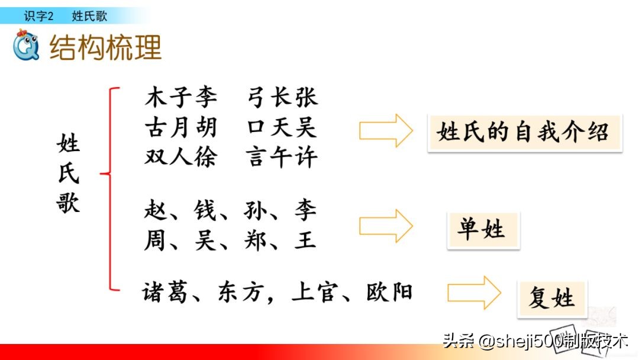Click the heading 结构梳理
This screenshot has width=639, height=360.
coord(105,47)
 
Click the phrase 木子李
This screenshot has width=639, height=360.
coord(180,97)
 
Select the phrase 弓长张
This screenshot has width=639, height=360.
coord(282,97)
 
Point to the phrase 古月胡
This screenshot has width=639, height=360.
coord(180,127)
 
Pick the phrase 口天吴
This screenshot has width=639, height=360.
coord(282,127)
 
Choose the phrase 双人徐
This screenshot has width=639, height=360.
coord(180,157)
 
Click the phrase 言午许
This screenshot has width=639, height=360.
coord(282,157)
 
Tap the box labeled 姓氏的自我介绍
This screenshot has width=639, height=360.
coord(524,133)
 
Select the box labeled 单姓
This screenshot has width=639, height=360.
coord(483,230)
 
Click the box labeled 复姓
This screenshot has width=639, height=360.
coord(551,297)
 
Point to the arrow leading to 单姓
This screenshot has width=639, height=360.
coord(386,226)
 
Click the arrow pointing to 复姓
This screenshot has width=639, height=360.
coord(474,292)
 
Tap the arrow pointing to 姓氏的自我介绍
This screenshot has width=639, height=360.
coord(386,130)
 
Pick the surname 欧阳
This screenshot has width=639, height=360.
coord(389,292)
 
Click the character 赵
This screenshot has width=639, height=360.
coord(156,210)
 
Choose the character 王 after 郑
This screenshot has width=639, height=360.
coord(305,240)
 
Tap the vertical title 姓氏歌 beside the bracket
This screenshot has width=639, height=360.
coord(68,174)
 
